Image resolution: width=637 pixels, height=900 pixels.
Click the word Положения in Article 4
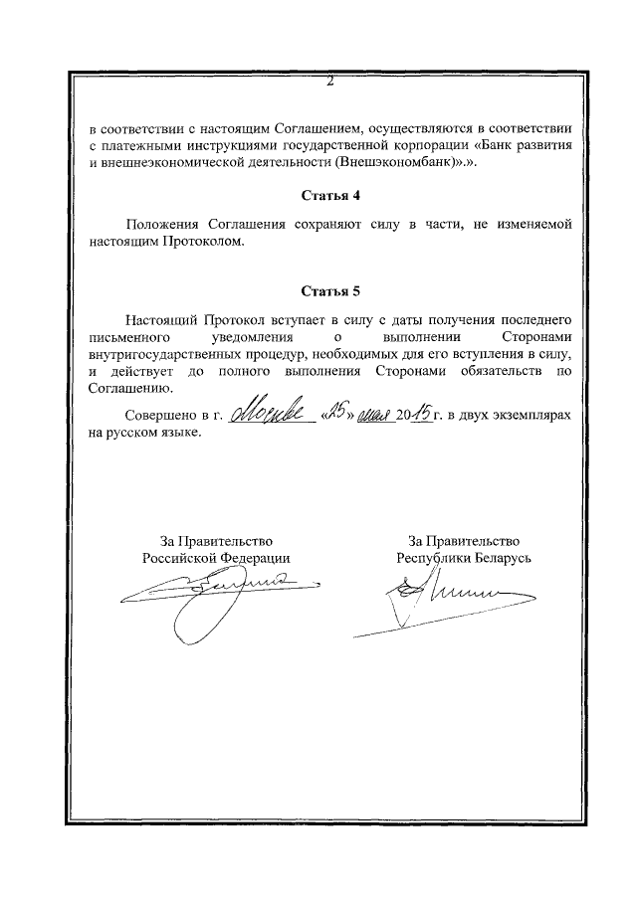(159, 226)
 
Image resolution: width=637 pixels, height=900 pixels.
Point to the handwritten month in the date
(375, 415)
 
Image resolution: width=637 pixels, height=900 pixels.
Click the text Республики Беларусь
(463, 558)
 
